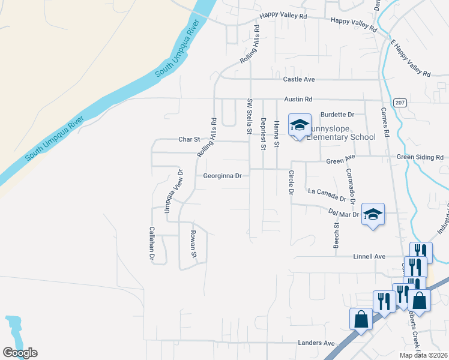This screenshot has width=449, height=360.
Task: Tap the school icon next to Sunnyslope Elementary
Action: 300,125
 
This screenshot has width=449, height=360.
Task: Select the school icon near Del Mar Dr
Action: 373,214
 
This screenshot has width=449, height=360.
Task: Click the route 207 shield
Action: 400,103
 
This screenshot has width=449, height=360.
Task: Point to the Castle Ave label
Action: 300,79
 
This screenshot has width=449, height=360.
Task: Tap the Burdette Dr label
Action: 338,114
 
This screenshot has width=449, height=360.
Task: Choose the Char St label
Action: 189,139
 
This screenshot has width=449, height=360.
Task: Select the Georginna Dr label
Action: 222,176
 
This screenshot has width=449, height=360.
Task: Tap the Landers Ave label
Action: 316,343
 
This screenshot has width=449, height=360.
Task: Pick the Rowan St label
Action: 193,244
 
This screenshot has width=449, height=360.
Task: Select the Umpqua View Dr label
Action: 169,196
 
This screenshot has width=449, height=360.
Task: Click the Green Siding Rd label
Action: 421,157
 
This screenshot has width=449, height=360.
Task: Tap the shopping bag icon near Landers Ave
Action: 361,319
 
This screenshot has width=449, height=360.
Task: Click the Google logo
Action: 20,353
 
